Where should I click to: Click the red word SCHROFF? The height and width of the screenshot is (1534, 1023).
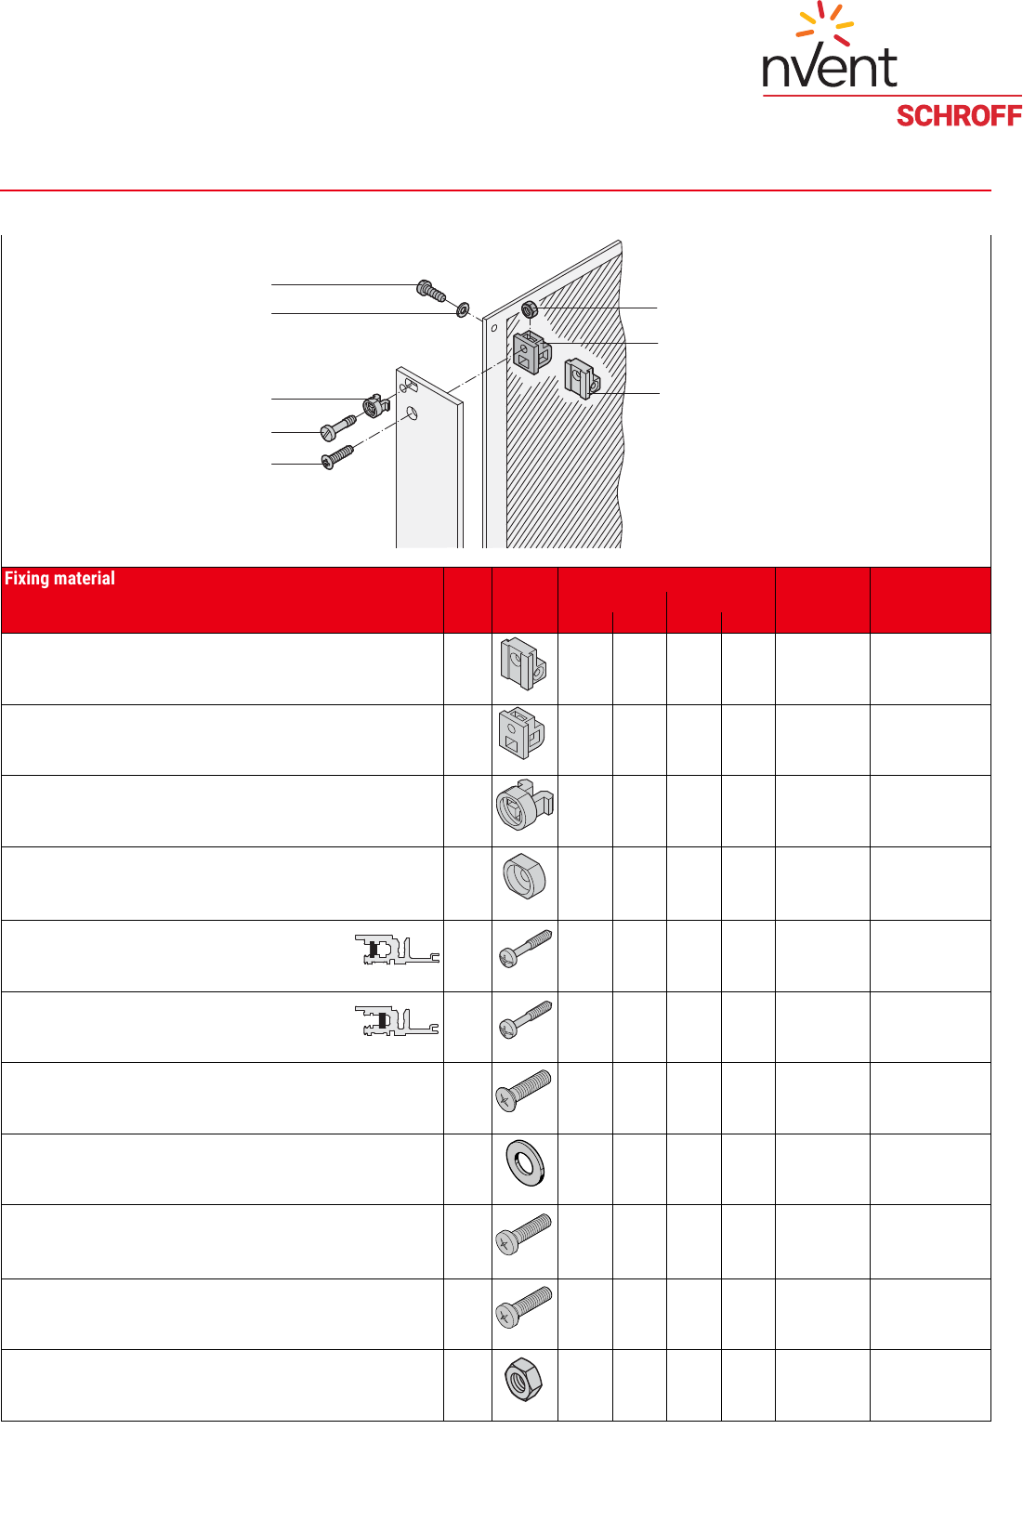pyautogui.click(x=959, y=116)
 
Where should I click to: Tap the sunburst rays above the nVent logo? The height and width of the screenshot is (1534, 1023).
pyautogui.click(x=825, y=22)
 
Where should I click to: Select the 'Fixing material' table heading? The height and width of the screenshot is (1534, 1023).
pyautogui.click(x=59, y=579)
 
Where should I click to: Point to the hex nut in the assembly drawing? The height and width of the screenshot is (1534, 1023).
pyautogui.click(x=529, y=309)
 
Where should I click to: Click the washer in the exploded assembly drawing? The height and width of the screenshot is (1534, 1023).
pyautogui.click(x=463, y=309)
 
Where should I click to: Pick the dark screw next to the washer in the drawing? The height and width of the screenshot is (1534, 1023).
pyautogui.click(x=431, y=291)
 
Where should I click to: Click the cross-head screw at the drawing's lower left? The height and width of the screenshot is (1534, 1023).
pyautogui.click(x=337, y=457)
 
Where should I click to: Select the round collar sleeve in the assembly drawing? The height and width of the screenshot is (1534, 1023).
pyautogui.click(x=376, y=406)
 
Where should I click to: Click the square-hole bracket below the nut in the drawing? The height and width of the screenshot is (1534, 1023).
pyautogui.click(x=531, y=352)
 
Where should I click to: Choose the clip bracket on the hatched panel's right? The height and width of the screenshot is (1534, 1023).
pyautogui.click(x=582, y=379)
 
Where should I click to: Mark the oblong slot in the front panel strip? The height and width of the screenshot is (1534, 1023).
pyautogui.click(x=409, y=386)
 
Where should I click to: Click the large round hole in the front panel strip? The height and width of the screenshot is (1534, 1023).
pyautogui.click(x=411, y=413)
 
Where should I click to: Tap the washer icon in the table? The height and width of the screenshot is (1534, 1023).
pyautogui.click(x=525, y=1163)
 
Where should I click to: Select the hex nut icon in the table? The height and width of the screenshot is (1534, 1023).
pyautogui.click(x=523, y=1379)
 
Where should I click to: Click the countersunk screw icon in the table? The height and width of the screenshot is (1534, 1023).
pyautogui.click(x=523, y=1090)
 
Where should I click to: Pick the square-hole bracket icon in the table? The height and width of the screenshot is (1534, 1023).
pyautogui.click(x=522, y=733)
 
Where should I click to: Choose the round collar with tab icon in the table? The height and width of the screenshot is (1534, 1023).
pyautogui.click(x=525, y=806)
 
